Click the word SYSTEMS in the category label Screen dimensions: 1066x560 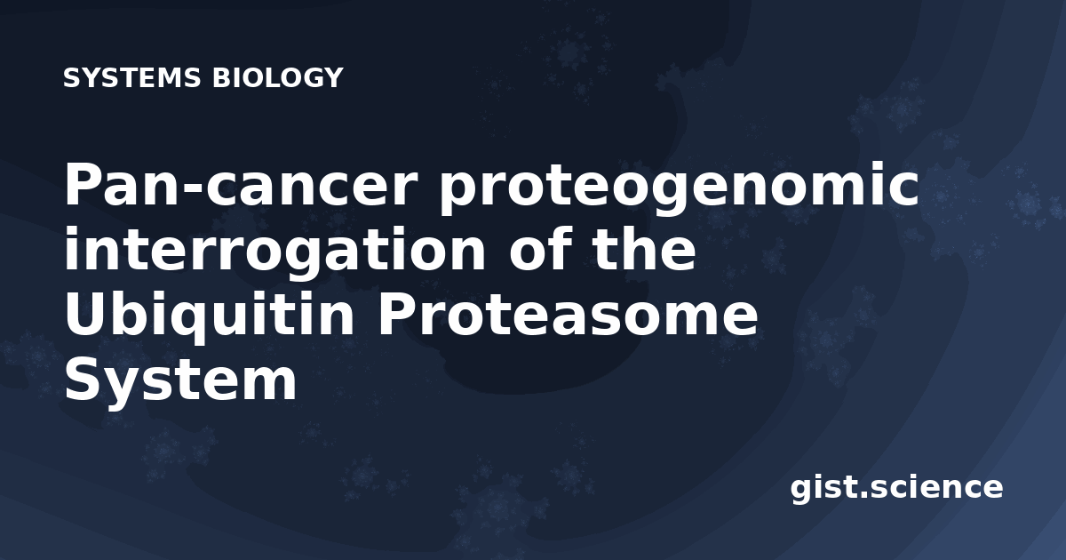click(131, 77)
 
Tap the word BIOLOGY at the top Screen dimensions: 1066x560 click(277, 77)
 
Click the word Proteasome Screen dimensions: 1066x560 click(567, 315)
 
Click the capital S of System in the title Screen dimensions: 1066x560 click(84, 380)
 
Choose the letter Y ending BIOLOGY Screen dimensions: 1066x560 click(332, 77)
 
